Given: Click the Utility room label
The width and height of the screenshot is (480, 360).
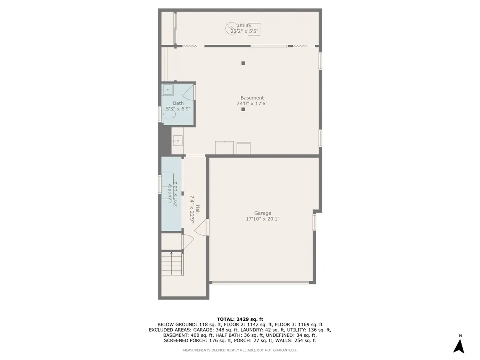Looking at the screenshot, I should point(244,26).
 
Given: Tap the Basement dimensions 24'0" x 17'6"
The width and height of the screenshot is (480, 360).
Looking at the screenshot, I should point(252,104).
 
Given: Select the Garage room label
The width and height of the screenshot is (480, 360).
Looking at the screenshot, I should point(263,213).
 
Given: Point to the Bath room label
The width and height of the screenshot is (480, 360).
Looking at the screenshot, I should point(178,103).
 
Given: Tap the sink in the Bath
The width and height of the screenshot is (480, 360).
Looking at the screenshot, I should point(168,90).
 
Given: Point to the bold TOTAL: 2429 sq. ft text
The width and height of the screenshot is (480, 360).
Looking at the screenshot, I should point(240,318).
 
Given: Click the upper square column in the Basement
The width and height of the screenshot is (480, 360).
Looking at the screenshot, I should point(243,63).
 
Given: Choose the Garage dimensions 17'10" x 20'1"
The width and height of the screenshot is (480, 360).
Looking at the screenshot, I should point(263,219).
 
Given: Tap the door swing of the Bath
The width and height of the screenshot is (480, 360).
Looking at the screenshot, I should point(188,94).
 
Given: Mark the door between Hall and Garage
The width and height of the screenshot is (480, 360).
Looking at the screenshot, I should point(204,227).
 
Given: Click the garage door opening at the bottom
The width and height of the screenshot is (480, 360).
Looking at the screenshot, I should point(260,283).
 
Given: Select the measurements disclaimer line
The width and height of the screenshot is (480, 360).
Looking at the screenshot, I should point(240,350).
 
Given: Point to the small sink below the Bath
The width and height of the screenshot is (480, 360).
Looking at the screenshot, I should point(177,141).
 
